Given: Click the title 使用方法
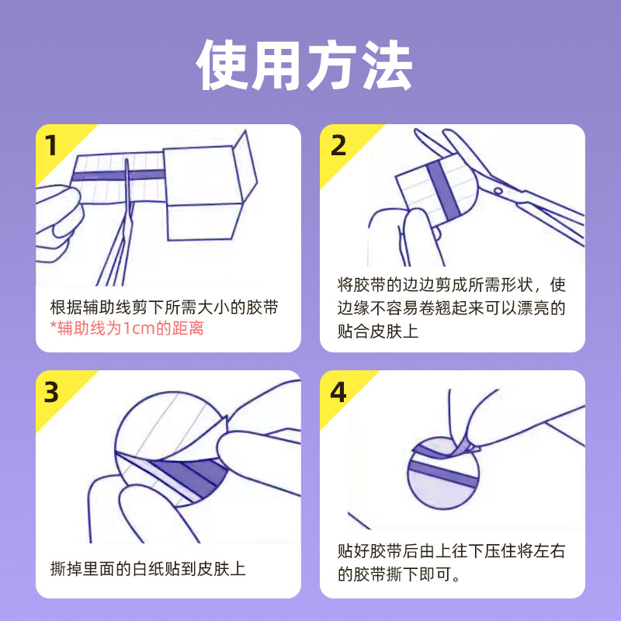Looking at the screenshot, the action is [304, 65].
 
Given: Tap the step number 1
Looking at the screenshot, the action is [51, 145].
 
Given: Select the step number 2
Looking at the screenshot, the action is [338, 145].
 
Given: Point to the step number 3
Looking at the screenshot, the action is [51, 392].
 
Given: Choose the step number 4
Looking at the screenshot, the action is [338, 392].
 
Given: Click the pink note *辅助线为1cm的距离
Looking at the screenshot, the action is [127, 328].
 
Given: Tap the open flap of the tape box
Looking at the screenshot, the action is [245, 164].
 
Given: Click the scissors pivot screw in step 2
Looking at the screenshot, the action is [498, 191].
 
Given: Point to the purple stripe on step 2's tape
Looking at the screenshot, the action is [443, 190].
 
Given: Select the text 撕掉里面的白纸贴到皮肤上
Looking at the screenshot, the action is [147, 569].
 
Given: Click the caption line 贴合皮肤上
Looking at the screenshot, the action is [378, 331].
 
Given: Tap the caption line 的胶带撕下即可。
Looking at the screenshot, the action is [399, 574].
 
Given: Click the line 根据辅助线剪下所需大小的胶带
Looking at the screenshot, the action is [165, 307].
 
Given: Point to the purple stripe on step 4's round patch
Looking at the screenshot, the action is [442, 474].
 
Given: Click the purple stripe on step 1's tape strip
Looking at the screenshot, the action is [119, 175].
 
